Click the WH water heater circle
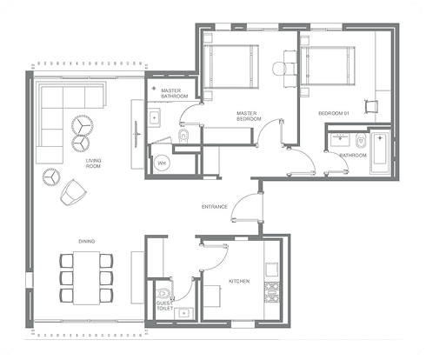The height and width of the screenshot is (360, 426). coord(162,163)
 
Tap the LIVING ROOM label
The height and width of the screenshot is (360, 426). coord(93,163)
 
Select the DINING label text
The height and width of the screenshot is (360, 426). coord(87,241)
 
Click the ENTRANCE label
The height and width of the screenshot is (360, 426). coord(215,207)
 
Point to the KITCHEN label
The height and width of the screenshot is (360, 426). coord(239,281)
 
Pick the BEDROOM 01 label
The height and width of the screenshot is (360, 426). coord(334,113)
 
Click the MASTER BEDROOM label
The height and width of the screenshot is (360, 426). coord(249,116)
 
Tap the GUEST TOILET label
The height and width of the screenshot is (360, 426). coord(164,305)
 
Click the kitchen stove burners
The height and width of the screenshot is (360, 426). coord(271,292)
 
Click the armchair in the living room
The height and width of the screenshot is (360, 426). coord(73,192)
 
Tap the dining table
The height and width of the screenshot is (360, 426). coord(86,278)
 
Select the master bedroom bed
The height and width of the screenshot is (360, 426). coord(231,66)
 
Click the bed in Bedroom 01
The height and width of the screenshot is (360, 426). coord(328,66)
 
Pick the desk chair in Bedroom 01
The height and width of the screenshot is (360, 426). coord(371,106)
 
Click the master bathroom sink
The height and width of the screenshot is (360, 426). coord(154,118)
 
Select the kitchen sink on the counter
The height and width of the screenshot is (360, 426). coord(272,270)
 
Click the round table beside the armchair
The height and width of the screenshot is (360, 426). coord(51,177)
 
